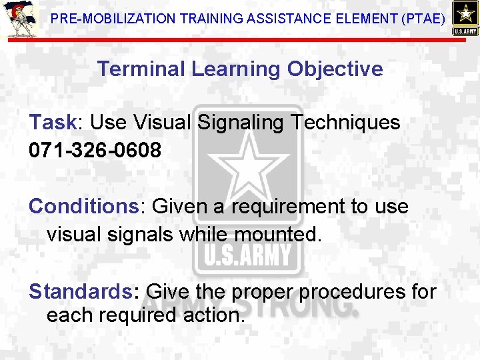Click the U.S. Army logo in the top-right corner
click(x=464, y=18)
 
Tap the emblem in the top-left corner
click(x=18, y=20)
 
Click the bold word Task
click(x=53, y=123)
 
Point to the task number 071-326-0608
click(x=95, y=150)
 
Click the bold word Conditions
click(x=83, y=207)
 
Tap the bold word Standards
click(x=80, y=291)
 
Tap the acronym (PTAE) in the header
click(x=423, y=19)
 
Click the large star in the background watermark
click(x=248, y=167)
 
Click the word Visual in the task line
click(x=159, y=123)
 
